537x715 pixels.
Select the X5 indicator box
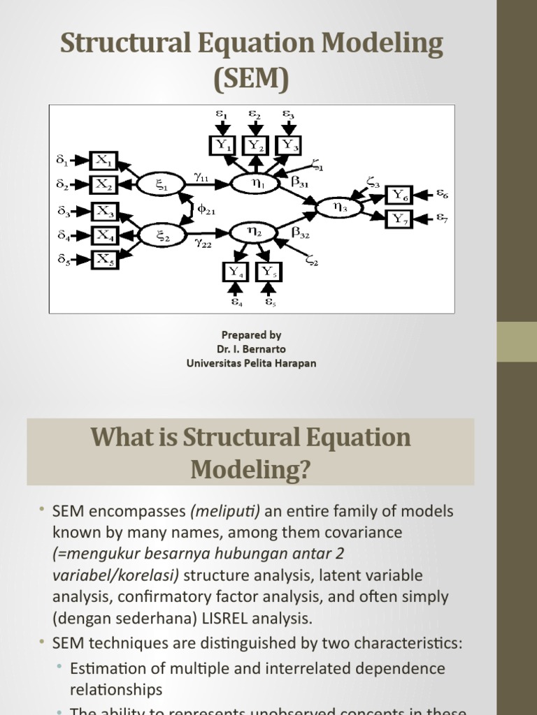[104, 260]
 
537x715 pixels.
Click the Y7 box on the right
[400, 219]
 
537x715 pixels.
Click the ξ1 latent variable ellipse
[162, 184]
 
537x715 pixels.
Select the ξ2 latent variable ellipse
[162, 235]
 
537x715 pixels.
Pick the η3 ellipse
[339, 207]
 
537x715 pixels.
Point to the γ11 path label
[201, 178]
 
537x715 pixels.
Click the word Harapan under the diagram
[295, 363]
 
